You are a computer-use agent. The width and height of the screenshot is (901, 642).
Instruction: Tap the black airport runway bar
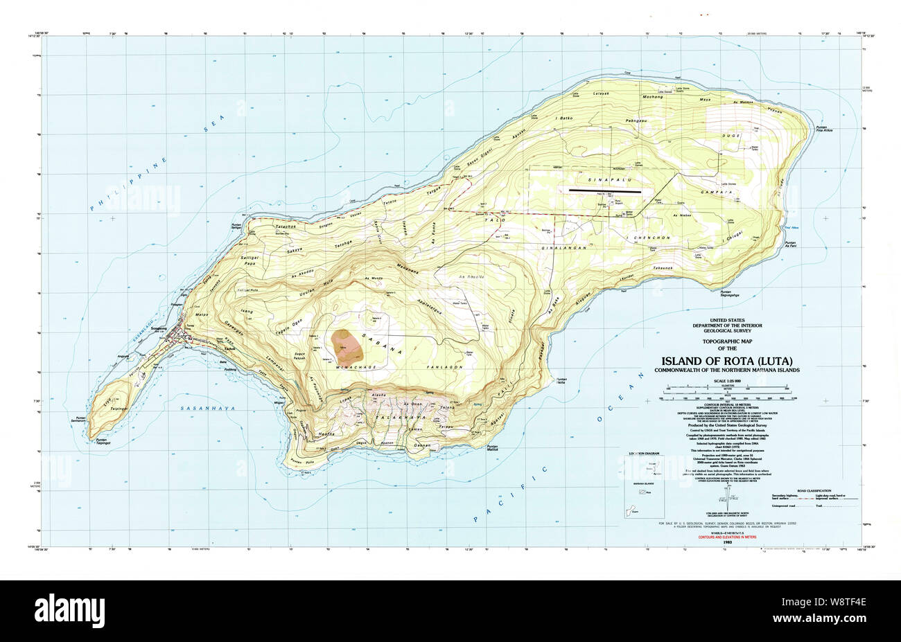click(605, 189)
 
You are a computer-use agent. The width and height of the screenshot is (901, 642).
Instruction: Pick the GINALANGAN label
click(565, 247)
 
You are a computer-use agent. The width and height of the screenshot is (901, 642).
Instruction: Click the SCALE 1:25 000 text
click(726, 382)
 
